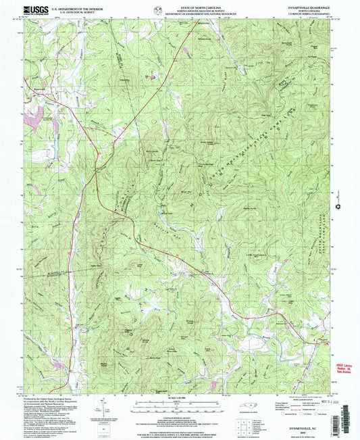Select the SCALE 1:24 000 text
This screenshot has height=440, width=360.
coord(180,395)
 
